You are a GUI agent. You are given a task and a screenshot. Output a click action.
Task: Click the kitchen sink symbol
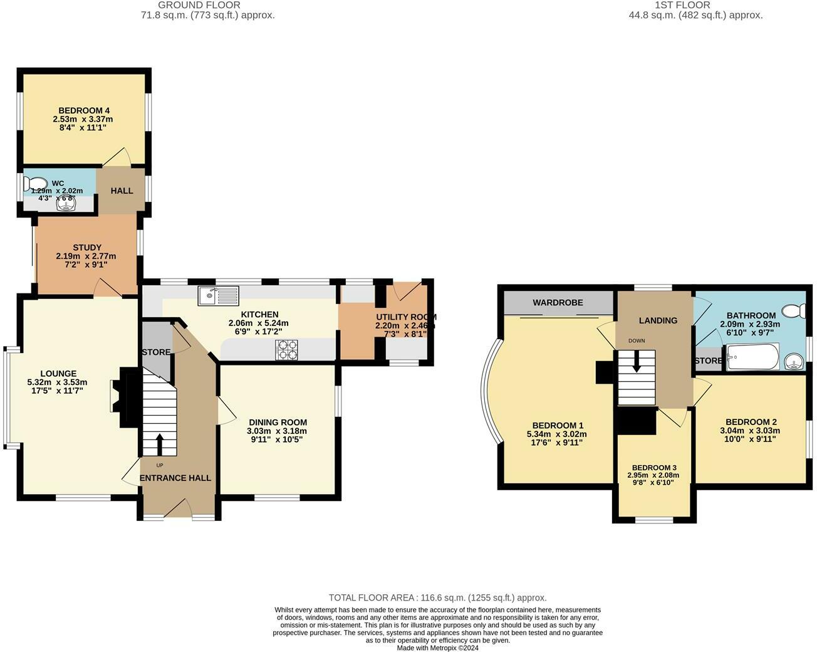pyautogui.click(x=218, y=295)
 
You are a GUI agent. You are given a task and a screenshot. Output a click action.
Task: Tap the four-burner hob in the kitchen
pyautogui.click(x=286, y=349)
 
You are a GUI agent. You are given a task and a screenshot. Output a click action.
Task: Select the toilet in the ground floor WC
pyautogui.click(x=31, y=183)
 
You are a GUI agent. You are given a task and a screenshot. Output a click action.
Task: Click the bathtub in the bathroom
pyautogui.click(x=752, y=359)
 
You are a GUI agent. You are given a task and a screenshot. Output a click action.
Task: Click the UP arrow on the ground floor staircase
pyautogui.click(x=159, y=444)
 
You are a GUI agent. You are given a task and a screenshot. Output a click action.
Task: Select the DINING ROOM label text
pyautogui.click(x=278, y=423)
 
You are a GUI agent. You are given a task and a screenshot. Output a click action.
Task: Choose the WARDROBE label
pyautogui.click(x=558, y=303)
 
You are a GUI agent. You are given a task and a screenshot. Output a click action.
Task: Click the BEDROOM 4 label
pyautogui.click(x=84, y=110)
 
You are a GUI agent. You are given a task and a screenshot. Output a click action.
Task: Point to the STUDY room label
pyautogui.click(x=86, y=248)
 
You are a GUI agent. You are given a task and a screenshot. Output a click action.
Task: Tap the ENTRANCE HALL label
pyautogui.click(x=175, y=478)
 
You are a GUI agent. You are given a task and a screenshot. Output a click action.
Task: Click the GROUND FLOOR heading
pyautogui.click(x=207, y=5)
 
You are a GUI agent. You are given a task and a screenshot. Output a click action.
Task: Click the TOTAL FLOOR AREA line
pyautogui.click(x=437, y=597)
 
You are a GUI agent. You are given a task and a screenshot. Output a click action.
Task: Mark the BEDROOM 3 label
pyautogui.click(x=654, y=468)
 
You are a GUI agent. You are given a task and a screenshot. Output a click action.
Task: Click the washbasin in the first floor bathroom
pyautogui.click(x=794, y=362)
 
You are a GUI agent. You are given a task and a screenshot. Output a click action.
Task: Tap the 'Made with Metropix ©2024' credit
pyautogui.click(x=437, y=648)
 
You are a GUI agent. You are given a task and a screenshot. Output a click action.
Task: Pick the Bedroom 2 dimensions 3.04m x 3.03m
pyautogui.click(x=752, y=431)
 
